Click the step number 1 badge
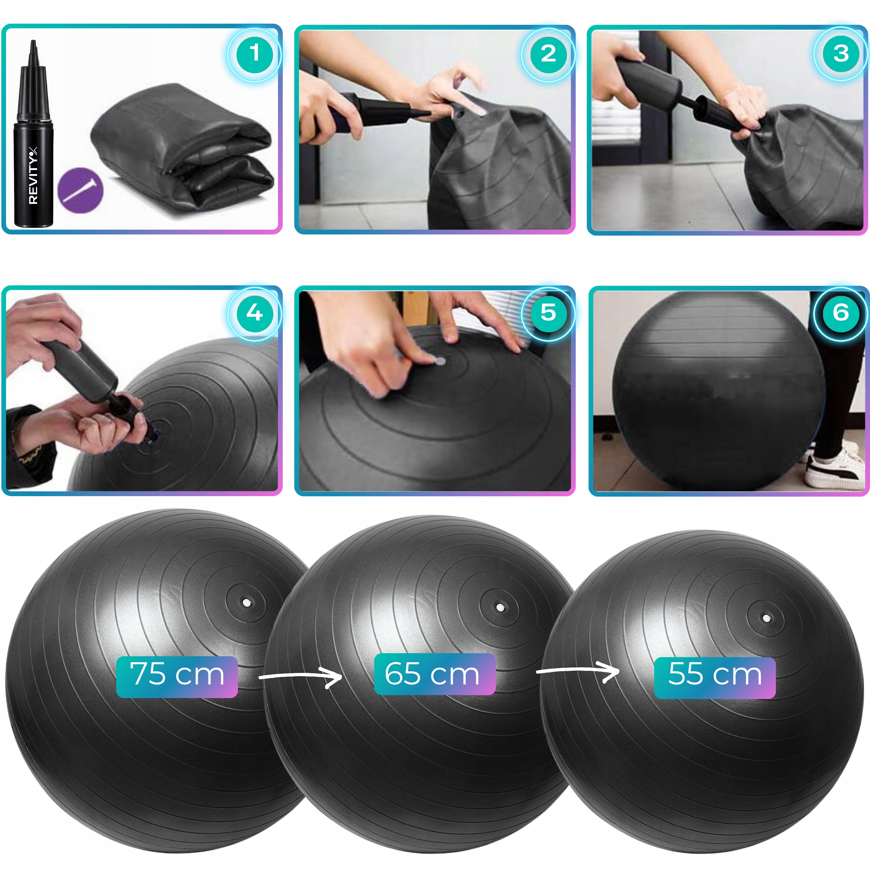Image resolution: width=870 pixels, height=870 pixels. pyautogui.click(x=255, y=54)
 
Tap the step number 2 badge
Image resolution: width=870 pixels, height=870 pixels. pyautogui.click(x=548, y=54)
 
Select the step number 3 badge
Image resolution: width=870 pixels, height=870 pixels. pyautogui.click(x=841, y=54)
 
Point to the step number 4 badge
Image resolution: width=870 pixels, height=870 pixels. pyautogui.click(x=255, y=313)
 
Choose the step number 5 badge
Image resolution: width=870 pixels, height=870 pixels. pyautogui.click(x=548, y=313)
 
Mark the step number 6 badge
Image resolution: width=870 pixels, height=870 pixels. pyautogui.click(x=841, y=313)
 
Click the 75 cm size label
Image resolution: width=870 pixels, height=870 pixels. pyautogui.click(x=177, y=677)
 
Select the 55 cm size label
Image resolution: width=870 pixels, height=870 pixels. pyautogui.click(x=715, y=678)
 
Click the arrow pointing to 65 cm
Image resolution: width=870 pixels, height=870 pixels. pyautogui.click(x=301, y=676)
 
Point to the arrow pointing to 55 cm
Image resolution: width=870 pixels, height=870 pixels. pyautogui.click(x=578, y=671)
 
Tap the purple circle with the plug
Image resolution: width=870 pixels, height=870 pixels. pyautogui.click(x=81, y=190)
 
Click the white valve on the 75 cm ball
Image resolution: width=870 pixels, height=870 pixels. pyautogui.click(x=246, y=602)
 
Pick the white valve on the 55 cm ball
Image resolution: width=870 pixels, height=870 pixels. pyautogui.click(x=766, y=618)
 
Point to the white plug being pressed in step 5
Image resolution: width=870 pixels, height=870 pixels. pyautogui.click(x=439, y=361)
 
